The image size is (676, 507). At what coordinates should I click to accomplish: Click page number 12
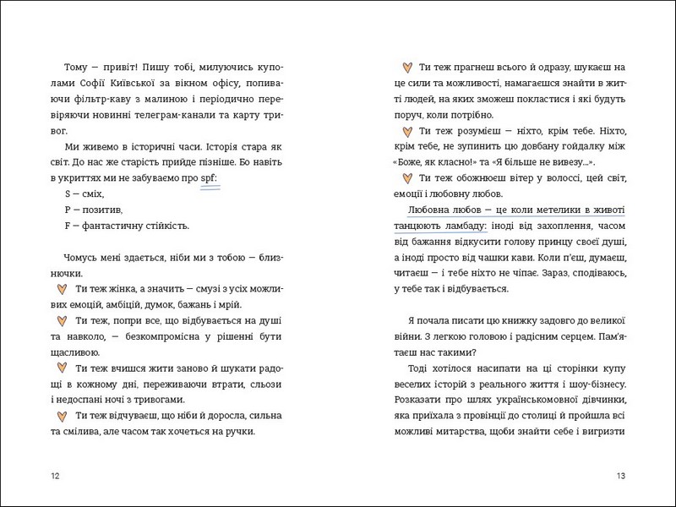56,477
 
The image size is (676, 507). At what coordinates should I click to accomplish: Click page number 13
620,477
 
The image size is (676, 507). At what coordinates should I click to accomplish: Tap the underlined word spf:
210,178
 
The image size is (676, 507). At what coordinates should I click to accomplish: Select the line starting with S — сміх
83,194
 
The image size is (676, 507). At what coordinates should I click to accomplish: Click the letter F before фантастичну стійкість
67,226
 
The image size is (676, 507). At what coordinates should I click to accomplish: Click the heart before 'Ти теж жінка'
61,289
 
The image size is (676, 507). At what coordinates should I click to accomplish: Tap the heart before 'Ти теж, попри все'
61,321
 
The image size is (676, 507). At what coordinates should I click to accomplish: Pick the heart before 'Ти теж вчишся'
61,368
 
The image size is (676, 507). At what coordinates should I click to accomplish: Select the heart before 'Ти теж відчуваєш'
61,415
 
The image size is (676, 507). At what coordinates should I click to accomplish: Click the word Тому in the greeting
78,67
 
